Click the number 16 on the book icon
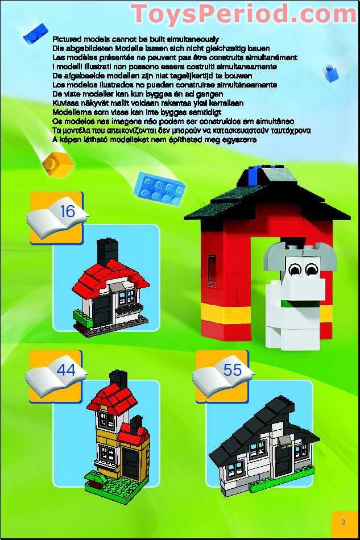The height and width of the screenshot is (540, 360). coord(67,211)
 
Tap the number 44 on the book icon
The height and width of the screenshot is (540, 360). coord(66,369)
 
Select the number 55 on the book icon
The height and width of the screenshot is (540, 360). coord(232,369)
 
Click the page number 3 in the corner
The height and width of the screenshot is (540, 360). coord(343,522)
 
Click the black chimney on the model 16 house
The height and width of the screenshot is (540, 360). coord(106,250)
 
